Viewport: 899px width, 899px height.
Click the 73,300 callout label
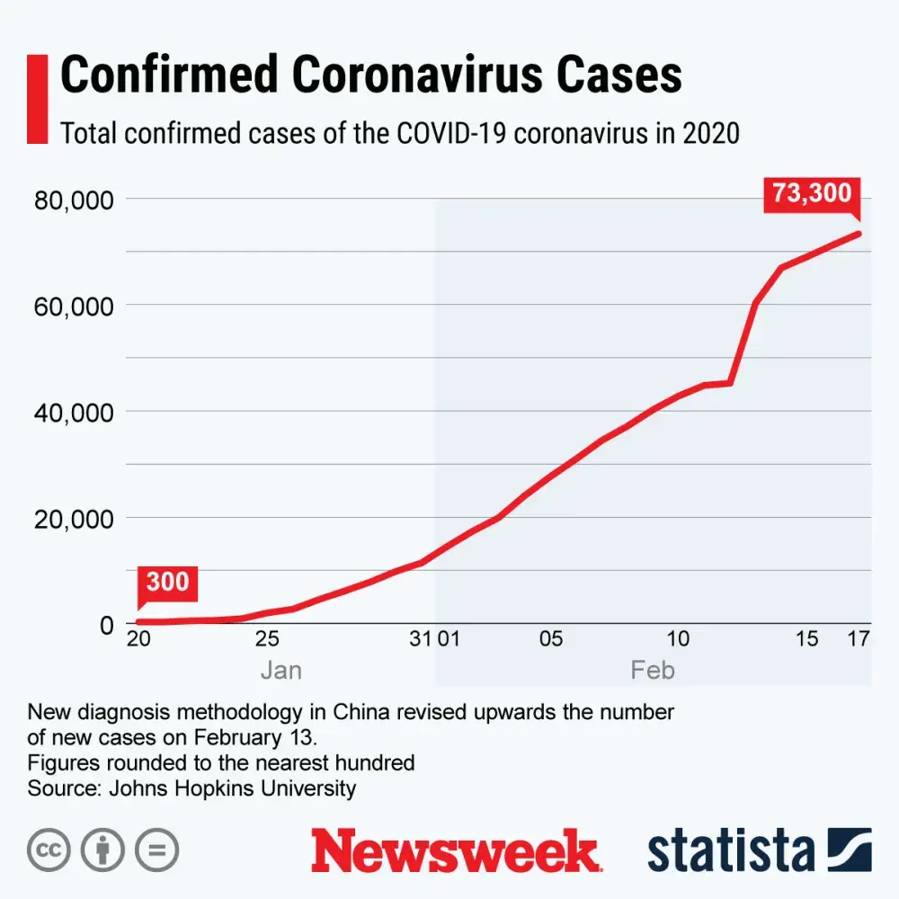[812, 193]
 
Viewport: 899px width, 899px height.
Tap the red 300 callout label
[168, 582]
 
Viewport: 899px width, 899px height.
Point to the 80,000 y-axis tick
[73, 199]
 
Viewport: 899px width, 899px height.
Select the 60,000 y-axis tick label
[73, 306]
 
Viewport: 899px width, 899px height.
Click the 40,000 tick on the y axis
[73, 412]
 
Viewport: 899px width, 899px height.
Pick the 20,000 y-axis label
[73, 519]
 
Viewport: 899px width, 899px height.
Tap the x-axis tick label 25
[267, 639]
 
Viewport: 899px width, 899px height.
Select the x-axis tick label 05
[550, 639]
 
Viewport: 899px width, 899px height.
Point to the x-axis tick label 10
[678, 639]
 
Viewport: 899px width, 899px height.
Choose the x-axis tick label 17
[859, 639]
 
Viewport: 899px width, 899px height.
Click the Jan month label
[280, 671]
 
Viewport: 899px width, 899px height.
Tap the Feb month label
[653, 671]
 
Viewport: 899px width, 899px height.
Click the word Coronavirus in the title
[422, 76]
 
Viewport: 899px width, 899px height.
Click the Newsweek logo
[455, 850]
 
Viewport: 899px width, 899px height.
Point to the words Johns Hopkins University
[232, 788]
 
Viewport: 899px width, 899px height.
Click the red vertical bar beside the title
[38, 99]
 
